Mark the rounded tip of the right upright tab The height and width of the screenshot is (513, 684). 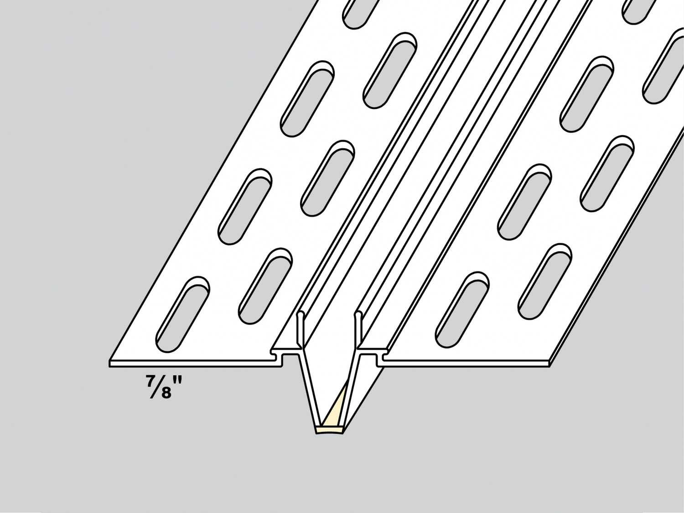[358, 313]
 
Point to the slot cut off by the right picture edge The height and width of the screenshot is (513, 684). [663, 68]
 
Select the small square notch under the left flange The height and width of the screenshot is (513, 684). [287, 359]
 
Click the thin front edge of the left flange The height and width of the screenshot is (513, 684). [192, 363]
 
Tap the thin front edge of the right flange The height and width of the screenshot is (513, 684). [465, 363]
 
